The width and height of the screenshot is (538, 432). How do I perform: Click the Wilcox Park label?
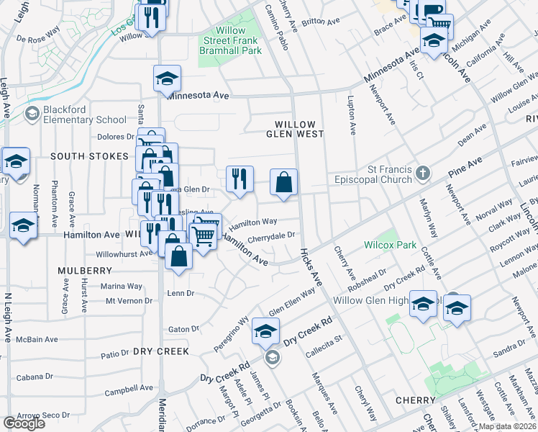pyautogui.click(x=390, y=245)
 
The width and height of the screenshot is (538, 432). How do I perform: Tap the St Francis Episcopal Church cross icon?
pyautogui.click(x=423, y=173)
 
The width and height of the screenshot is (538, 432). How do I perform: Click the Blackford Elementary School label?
pyautogui.click(x=75, y=114)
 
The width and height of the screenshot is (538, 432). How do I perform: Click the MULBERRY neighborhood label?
pyautogui.click(x=86, y=271)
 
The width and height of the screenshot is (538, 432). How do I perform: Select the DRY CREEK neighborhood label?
pyautogui.click(x=160, y=351)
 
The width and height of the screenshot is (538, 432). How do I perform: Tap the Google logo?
pyautogui.click(x=24, y=423)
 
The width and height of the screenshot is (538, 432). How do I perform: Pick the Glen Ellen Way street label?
pyautogui.click(x=292, y=303)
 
